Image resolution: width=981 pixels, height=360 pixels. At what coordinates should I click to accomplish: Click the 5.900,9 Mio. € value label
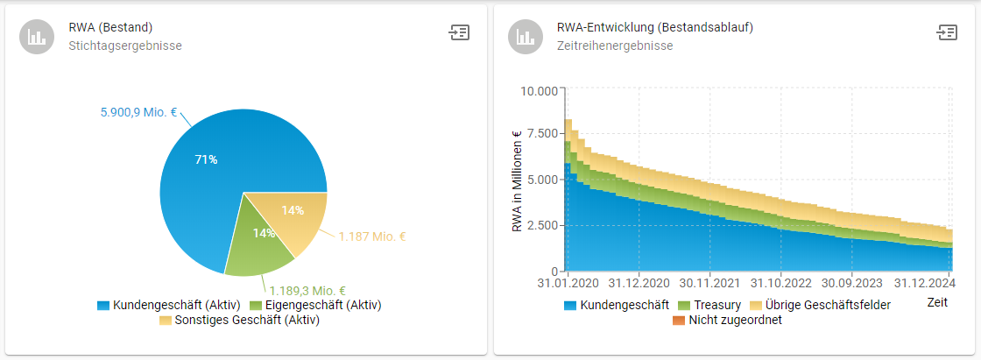click(x=138, y=113)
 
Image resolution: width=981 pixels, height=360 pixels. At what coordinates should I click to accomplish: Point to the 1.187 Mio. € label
click(x=372, y=236)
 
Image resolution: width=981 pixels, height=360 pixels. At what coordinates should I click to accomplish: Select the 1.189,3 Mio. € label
click(x=307, y=291)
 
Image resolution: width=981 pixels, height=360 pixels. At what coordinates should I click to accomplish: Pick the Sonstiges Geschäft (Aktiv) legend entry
click(x=239, y=320)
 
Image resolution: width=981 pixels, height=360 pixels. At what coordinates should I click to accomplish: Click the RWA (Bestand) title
click(x=105, y=27)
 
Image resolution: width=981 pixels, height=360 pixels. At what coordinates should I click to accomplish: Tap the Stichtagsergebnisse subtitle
click(x=125, y=46)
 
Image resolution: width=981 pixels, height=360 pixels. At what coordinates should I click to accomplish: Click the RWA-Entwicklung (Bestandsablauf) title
click(x=654, y=27)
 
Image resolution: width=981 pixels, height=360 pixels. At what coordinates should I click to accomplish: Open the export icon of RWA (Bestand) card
click(x=459, y=32)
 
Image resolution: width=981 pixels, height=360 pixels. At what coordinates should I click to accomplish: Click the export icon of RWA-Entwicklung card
click(x=946, y=32)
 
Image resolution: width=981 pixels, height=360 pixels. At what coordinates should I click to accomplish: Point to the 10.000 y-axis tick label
click(x=539, y=91)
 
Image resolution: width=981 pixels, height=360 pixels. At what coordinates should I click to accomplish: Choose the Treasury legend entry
click(x=709, y=305)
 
